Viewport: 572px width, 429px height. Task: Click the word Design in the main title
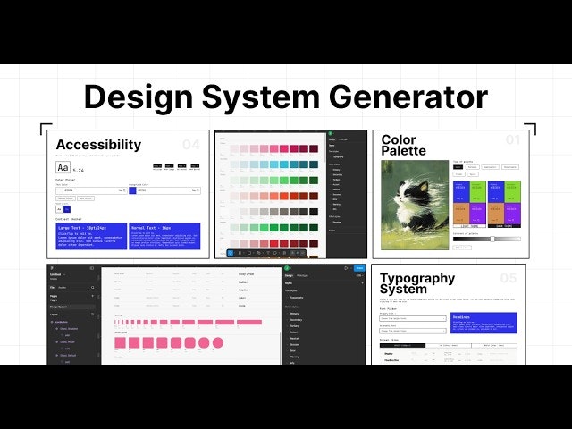(x=138, y=97)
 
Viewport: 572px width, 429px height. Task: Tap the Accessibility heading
(x=98, y=145)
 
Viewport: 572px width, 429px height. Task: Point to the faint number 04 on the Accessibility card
(x=190, y=145)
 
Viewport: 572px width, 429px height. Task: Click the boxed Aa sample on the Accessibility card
(x=63, y=167)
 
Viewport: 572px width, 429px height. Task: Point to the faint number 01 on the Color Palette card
(x=512, y=140)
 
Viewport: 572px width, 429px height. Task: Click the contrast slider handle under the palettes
(x=492, y=239)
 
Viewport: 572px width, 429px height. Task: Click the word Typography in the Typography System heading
(x=417, y=278)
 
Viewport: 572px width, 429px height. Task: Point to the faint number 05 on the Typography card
(x=509, y=278)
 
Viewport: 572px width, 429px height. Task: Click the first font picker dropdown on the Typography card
(x=413, y=318)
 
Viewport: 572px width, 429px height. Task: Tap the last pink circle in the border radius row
(x=216, y=342)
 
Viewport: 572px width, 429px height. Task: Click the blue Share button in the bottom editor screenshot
(x=359, y=267)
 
